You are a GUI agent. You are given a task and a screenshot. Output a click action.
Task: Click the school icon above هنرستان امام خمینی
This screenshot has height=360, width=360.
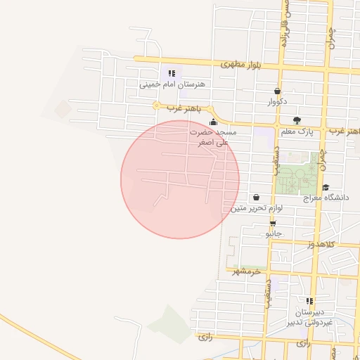[172, 73]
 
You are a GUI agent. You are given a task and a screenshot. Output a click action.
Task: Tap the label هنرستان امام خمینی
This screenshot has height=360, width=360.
[172, 84]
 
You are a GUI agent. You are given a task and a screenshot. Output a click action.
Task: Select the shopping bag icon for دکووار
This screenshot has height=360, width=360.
[277, 91]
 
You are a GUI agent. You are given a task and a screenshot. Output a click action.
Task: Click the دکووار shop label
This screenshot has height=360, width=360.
[277, 102]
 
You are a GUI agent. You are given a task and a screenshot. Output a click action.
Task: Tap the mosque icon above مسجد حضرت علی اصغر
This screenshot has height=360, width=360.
[214, 122]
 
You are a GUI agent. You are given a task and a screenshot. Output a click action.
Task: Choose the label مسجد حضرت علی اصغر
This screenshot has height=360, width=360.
[214, 136]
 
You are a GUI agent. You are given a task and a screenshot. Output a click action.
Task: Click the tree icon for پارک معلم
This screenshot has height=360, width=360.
[297, 120]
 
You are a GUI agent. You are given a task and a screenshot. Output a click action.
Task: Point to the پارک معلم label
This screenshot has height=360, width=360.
[296, 131]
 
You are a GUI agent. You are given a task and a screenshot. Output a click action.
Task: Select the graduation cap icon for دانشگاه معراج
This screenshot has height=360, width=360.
[326, 187]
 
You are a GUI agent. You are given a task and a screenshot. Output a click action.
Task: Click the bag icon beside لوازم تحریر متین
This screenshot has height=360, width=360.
[255, 198]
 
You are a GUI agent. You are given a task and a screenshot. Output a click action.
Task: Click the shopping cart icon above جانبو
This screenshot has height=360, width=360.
[273, 222]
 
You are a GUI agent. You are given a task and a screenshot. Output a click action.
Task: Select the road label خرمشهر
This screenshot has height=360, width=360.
[246, 271]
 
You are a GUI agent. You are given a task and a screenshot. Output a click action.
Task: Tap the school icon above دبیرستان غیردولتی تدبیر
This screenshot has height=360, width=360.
[309, 301]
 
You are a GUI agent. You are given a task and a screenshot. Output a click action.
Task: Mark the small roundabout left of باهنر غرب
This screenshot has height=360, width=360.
[157, 105]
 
